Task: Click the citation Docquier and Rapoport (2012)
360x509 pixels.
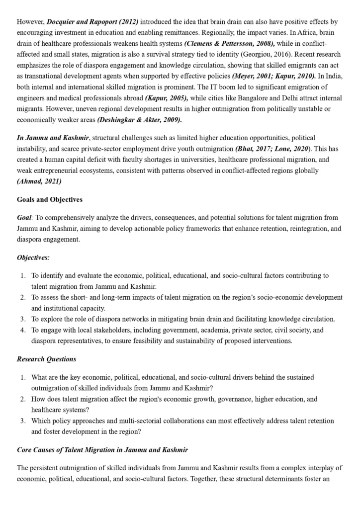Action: (x=92, y=22)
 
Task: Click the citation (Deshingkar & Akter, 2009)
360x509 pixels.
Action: (x=139, y=120)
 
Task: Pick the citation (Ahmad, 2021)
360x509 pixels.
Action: (x=39, y=181)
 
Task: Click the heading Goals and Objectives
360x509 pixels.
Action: (x=50, y=200)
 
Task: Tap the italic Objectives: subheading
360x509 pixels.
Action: (x=33, y=257)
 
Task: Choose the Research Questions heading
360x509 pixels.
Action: (x=46, y=359)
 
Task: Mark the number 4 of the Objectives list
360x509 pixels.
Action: (x=23, y=330)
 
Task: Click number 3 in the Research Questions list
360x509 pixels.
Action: (x=23, y=421)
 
